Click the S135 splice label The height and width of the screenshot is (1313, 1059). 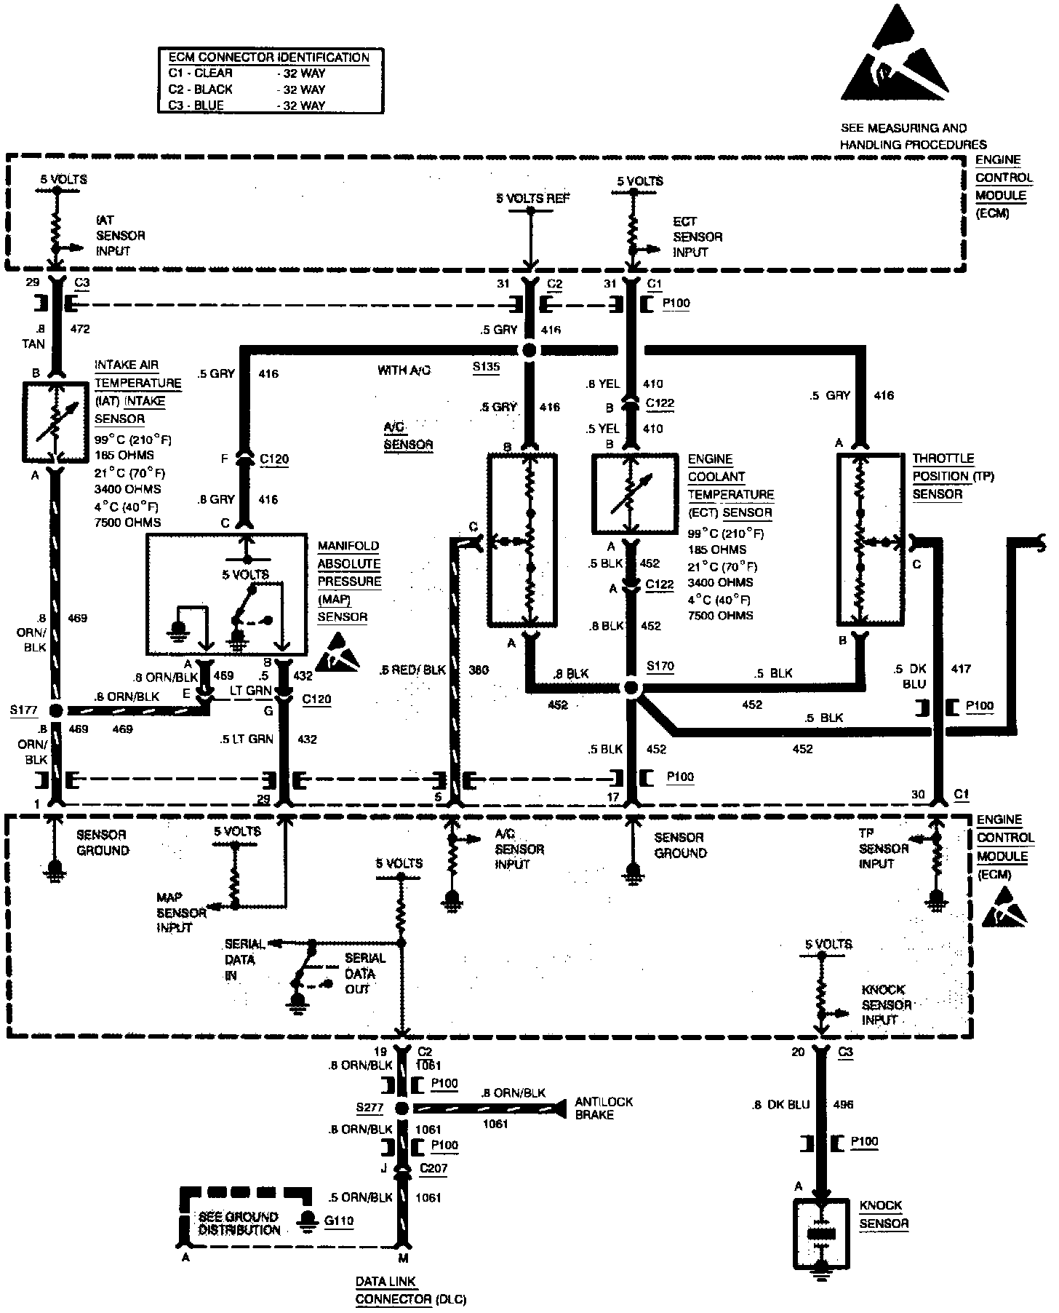pyautogui.click(x=485, y=367)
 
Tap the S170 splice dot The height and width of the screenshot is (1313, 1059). pyautogui.click(x=631, y=688)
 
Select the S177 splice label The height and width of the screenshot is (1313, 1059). pyautogui.click(x=25, y=710)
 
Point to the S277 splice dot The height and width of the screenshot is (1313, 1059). pyautogui.click(x=401, y=1108)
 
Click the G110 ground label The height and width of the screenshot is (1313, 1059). pyautogui.click(x=339, y=1221)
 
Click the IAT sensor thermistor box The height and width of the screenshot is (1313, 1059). pyautogui.click(x=55, y=422)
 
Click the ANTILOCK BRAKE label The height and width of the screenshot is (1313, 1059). pyautogui.click(x=604, y=1108)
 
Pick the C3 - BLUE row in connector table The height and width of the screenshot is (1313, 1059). pyautogui.click(x=247, y=106)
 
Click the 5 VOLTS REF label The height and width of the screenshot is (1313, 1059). pyautogui.click(x=533, y=198)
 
